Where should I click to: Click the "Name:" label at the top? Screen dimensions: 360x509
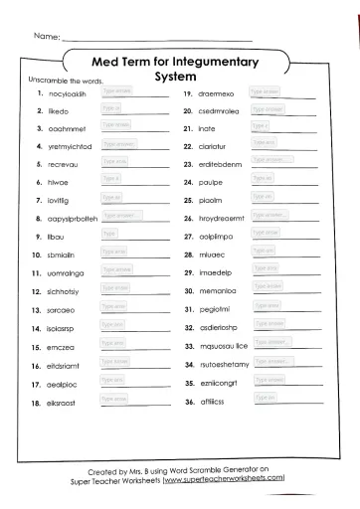pos(47,37)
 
